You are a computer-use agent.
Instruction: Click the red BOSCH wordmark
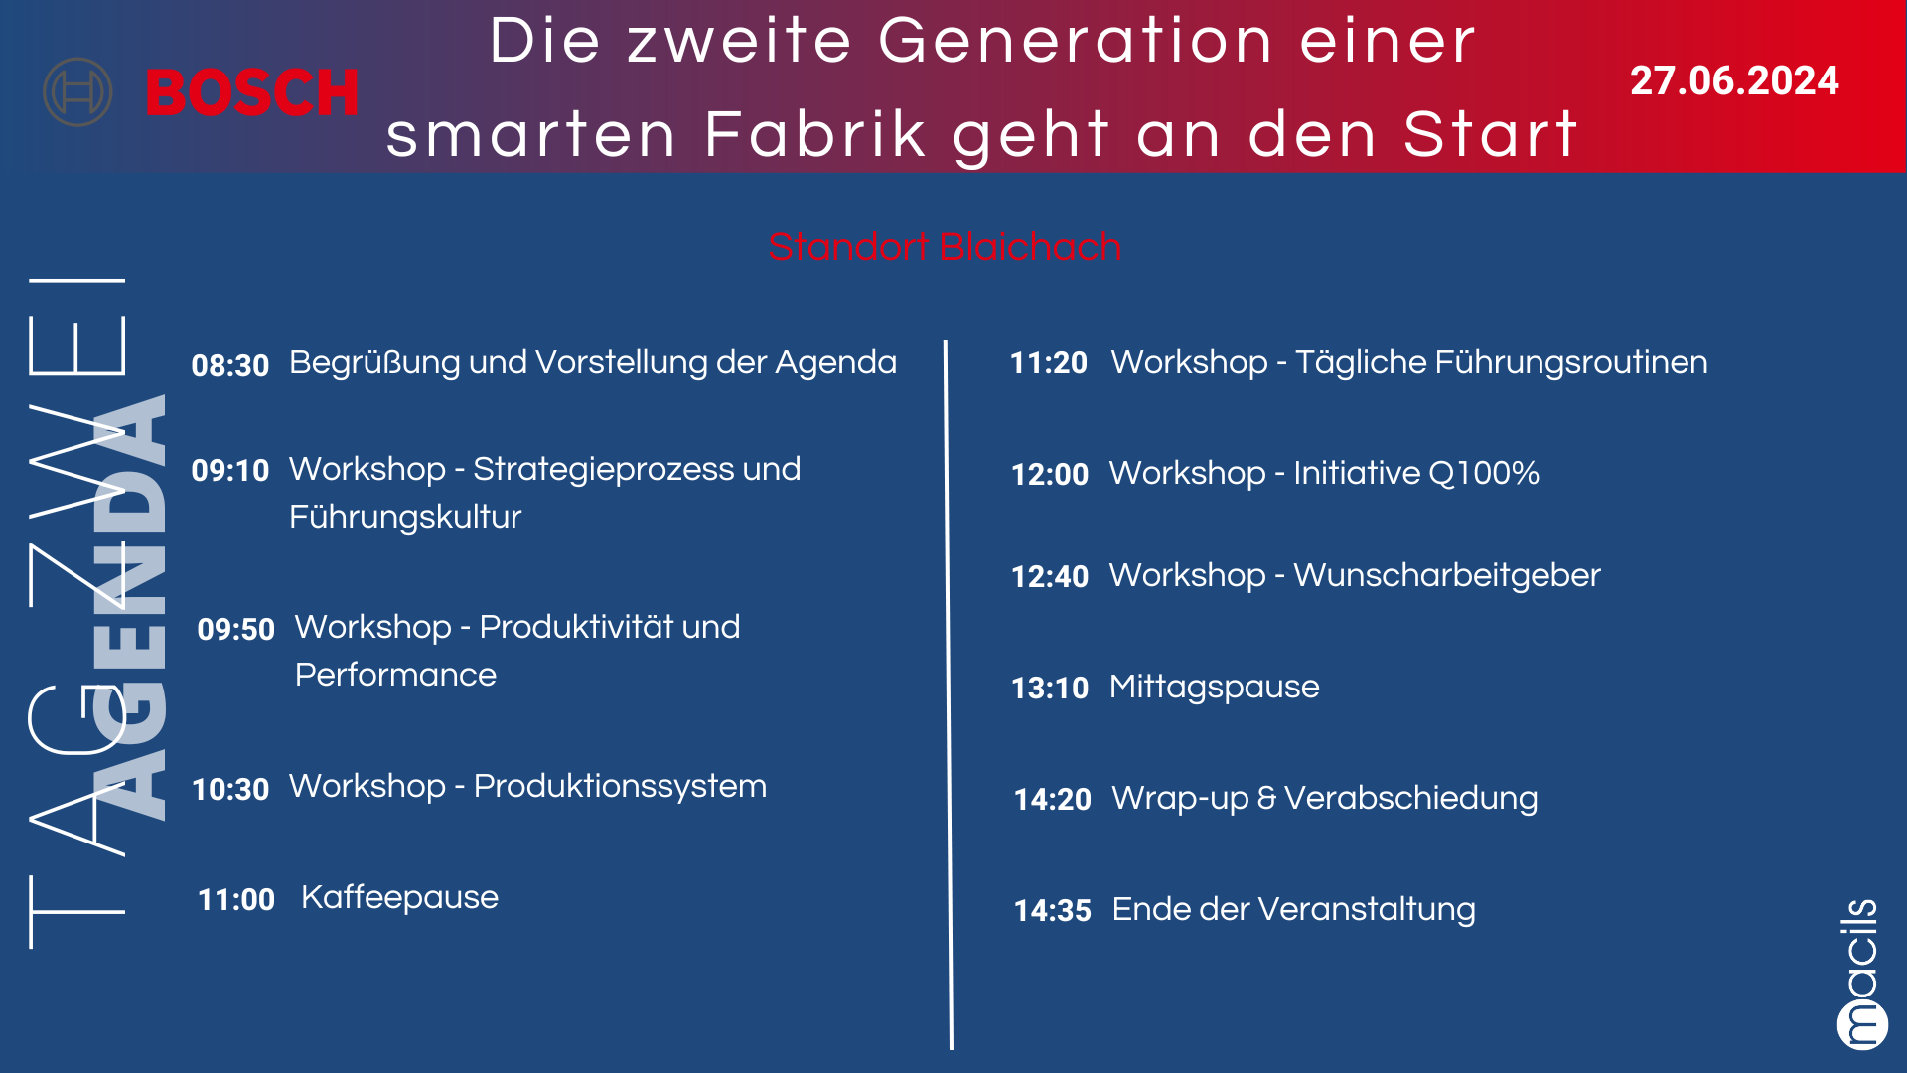click(x=252, y=92)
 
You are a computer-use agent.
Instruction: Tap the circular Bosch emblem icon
click(x=77, y=92)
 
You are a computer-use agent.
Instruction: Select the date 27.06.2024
click(x=1734, y=80)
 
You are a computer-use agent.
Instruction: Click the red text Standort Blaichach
click(x=945, y=246)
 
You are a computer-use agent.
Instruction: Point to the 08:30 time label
click(x=230, y=365)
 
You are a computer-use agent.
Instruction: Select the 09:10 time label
click(x=230, y=470)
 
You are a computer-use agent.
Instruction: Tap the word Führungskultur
click(x=405, y=517)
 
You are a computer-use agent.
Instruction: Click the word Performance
click(x=395, y=675)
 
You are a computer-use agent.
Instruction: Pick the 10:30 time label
click(x=230, y=789)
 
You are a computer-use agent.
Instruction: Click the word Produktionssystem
click(x=620, y=787)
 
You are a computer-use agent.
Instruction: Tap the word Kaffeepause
click(x=399, y=898)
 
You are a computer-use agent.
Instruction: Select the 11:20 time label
click(x=1049, y=362)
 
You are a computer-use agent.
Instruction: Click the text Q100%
click(x=1485, y=473)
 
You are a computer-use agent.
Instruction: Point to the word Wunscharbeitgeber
click(x=1447, y=576)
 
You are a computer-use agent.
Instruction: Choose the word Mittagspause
click(x=1215, y=688)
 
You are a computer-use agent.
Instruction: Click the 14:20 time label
click(x=1053, y=799)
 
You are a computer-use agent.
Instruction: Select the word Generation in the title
click(x=1076, y=42)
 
